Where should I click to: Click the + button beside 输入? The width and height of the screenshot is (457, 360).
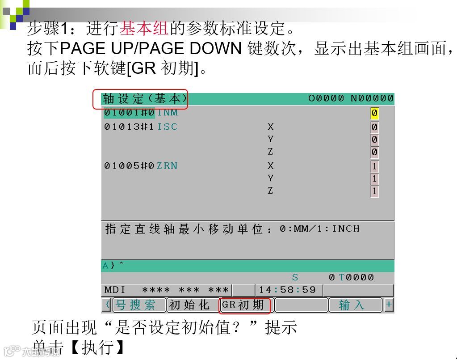click(389, 305)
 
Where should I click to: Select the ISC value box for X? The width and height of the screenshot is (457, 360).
click(374, 127)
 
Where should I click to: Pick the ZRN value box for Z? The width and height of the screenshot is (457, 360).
click(374, 191)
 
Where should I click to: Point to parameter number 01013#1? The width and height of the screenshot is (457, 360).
click(129, 127)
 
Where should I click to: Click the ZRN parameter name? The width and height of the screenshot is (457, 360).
click(167, 166)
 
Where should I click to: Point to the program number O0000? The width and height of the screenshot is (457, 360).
click(326, 98)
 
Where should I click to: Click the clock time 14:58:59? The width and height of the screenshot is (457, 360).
click(287, 290)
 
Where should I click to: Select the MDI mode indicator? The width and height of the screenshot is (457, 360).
click(115, 290)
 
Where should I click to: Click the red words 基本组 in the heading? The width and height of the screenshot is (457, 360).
click(143, 29)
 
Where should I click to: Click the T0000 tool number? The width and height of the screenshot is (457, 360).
click(356, 277)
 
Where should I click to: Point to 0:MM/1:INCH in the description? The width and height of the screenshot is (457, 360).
click(320, 229)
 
